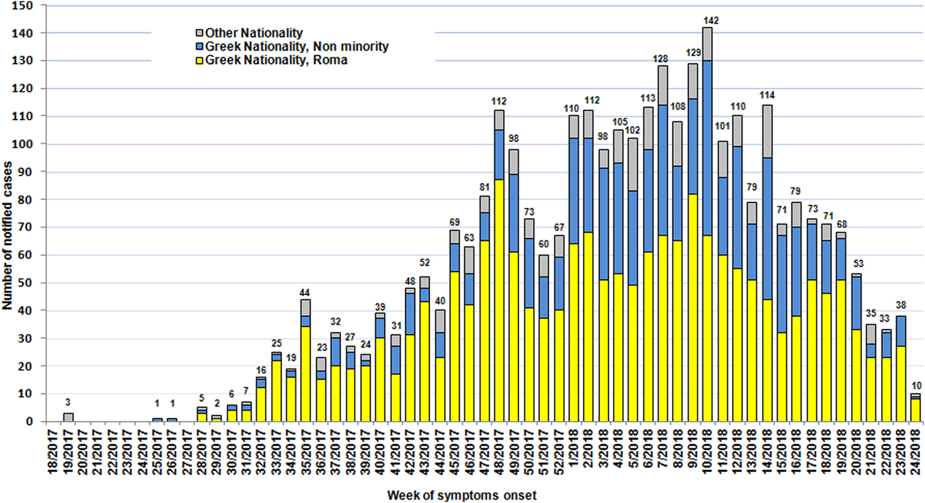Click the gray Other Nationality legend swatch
point(200,32)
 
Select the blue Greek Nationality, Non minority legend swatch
point(200,46)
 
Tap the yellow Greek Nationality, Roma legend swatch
point(200,60)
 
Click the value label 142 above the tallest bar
point(707,20)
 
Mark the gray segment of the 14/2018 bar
point(767,131)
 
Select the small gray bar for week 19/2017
point(69,417)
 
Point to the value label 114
point(767,98)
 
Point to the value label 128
point(661,59)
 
